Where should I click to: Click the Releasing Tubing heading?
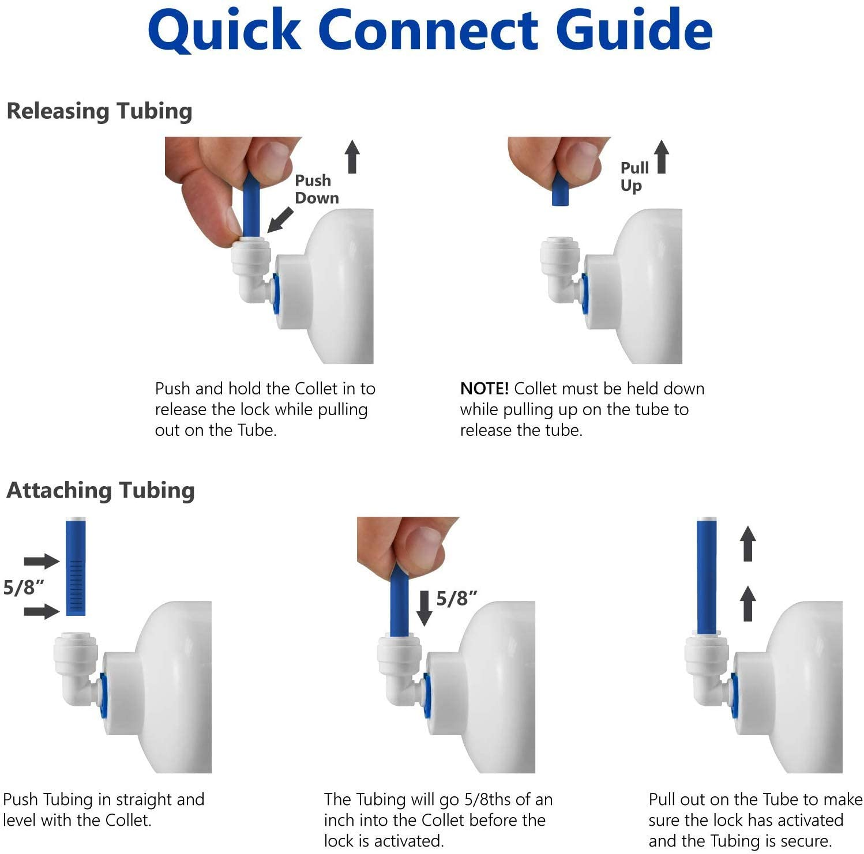click(x=99, y=111)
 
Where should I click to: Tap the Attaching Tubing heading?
click(x=100, y=490)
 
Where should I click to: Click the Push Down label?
click(x=316, y=189)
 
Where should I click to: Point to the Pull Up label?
click(x=634, y=176)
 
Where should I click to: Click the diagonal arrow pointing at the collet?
click(x=280, y=220)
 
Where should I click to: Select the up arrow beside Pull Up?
click(x=662, y=157)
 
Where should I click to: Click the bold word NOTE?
click(x=484, y=389)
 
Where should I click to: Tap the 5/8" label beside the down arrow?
click(x=456, y=599)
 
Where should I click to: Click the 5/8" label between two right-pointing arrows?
click(x=23, y=588)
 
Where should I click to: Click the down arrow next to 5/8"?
click(x=424, y=608)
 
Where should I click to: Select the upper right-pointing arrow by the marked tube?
click(x=42, y=561)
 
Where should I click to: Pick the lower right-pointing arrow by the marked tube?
click(x=42, y=611)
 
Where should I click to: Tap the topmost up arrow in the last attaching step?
click(x=747, y=543)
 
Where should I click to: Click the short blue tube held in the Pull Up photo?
click(x=560, y=190)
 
